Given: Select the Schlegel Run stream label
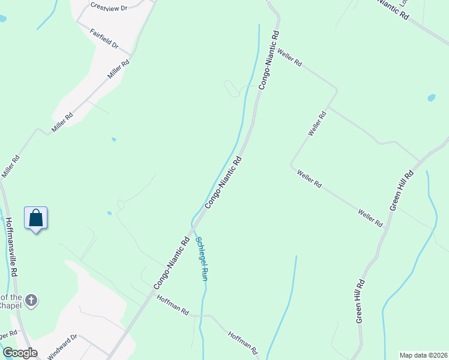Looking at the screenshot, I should pyautogui.click(x=202, y=259).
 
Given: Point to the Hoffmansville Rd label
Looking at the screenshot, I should pyautogui.click(x=11, y=246).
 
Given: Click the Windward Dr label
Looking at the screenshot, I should pyautogui.click(x=63, y=346).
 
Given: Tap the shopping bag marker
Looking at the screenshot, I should pyautogui.click(x=35, y=218).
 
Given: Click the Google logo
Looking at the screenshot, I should pyautogui.click(x=20, y=353).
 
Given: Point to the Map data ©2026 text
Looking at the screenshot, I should pyautogui.click(x=423, y=355).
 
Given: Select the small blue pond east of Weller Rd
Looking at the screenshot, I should pyautogui.click(x=431, y=97).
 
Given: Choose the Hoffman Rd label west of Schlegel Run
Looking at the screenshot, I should pyautogui.click(x=173, y=305).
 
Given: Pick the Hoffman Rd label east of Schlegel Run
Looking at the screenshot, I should pyautogui.click(x=243, y=341).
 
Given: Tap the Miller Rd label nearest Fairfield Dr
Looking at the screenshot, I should pyautogui.click(x=118, y=70).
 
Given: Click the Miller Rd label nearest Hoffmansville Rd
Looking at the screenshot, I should pyautogui.click(x=11, y=166).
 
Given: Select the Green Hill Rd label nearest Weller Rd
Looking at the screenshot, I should pyautogui.click(x=402, y=190).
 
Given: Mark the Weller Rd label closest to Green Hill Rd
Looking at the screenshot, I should pyautogui.click(x=370, y=217).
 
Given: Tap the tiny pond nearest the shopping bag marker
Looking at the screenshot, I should pyautogui.click(x=109, y=212).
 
